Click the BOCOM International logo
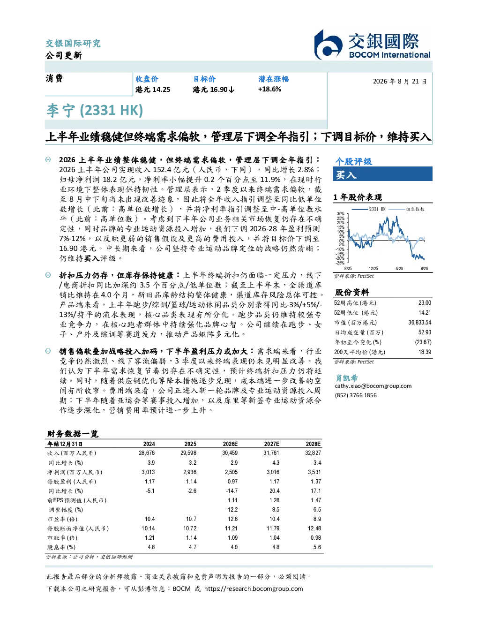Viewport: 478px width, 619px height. [x=372, y=45]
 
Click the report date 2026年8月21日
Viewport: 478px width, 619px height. [x=400, y=82]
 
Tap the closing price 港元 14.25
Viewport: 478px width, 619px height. [x=153, y=90]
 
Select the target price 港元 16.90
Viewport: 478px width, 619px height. [x=213, y=90]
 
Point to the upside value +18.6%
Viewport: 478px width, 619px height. [x=269, y=90]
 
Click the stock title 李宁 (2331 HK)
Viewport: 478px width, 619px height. [x=95, y=111]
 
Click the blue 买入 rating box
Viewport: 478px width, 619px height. [x=382, y=174]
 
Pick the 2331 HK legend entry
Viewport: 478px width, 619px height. [x=369, y=209]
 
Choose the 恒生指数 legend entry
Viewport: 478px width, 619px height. [x=406, y=209]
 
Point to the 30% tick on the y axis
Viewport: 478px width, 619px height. [x=341, y=214]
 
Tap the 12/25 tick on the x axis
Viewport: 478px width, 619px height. [x=373, y=269]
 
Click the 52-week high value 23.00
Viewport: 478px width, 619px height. [x=425, y=303]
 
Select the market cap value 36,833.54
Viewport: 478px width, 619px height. [x=419, y=323]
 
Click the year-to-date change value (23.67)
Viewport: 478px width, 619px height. [x=423, y=342]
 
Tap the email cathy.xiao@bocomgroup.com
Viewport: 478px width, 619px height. [x=373, y=386]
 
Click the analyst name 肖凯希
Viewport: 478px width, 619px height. [x=346, y=377]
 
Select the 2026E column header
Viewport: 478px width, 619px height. [x=230, y=444]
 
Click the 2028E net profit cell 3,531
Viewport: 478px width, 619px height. [x=314, y=472]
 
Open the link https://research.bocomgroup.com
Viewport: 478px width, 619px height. [x=254, y=589]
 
